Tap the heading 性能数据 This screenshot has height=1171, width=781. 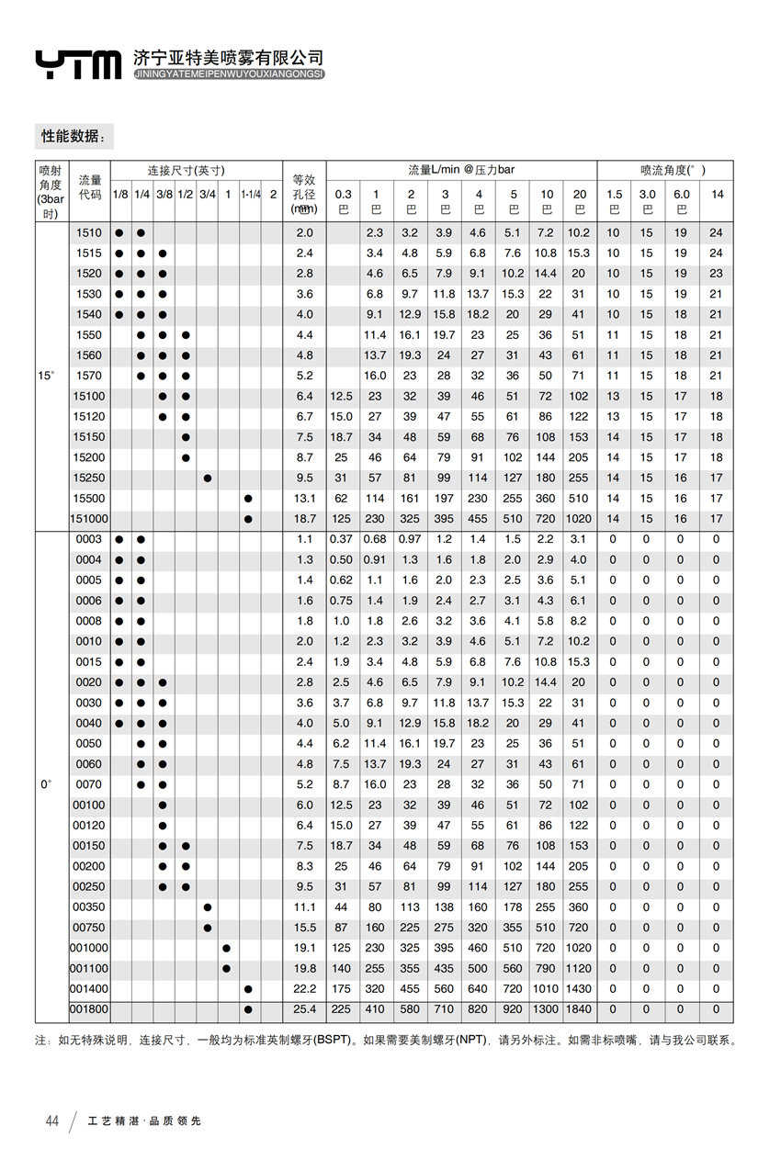pos(74,136)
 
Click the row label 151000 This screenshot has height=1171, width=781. pos(89,519)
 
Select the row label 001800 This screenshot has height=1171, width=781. pos(89,1009)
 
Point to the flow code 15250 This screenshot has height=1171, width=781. pos(89,478)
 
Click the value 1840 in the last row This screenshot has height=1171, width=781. pos(579,1009)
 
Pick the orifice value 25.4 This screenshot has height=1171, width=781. pos(304,1009)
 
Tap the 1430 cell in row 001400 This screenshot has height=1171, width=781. pos(579,989)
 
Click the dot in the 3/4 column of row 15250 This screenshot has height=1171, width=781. pos(208,478)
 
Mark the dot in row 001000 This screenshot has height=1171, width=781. pos(226,948)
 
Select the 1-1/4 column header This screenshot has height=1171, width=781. pos(251,195)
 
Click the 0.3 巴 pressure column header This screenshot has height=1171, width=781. pos(343,201)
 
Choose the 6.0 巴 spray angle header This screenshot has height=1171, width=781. pos(681,201)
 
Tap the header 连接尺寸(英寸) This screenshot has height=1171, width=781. pos(187,171)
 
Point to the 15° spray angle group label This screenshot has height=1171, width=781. pos(46,376)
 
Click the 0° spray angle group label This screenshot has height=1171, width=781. pos(46,784)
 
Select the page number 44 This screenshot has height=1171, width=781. pos(52,1121)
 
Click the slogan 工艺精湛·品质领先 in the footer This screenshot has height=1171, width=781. pos(144,1121)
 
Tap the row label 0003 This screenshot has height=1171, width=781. pos(89,539)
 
